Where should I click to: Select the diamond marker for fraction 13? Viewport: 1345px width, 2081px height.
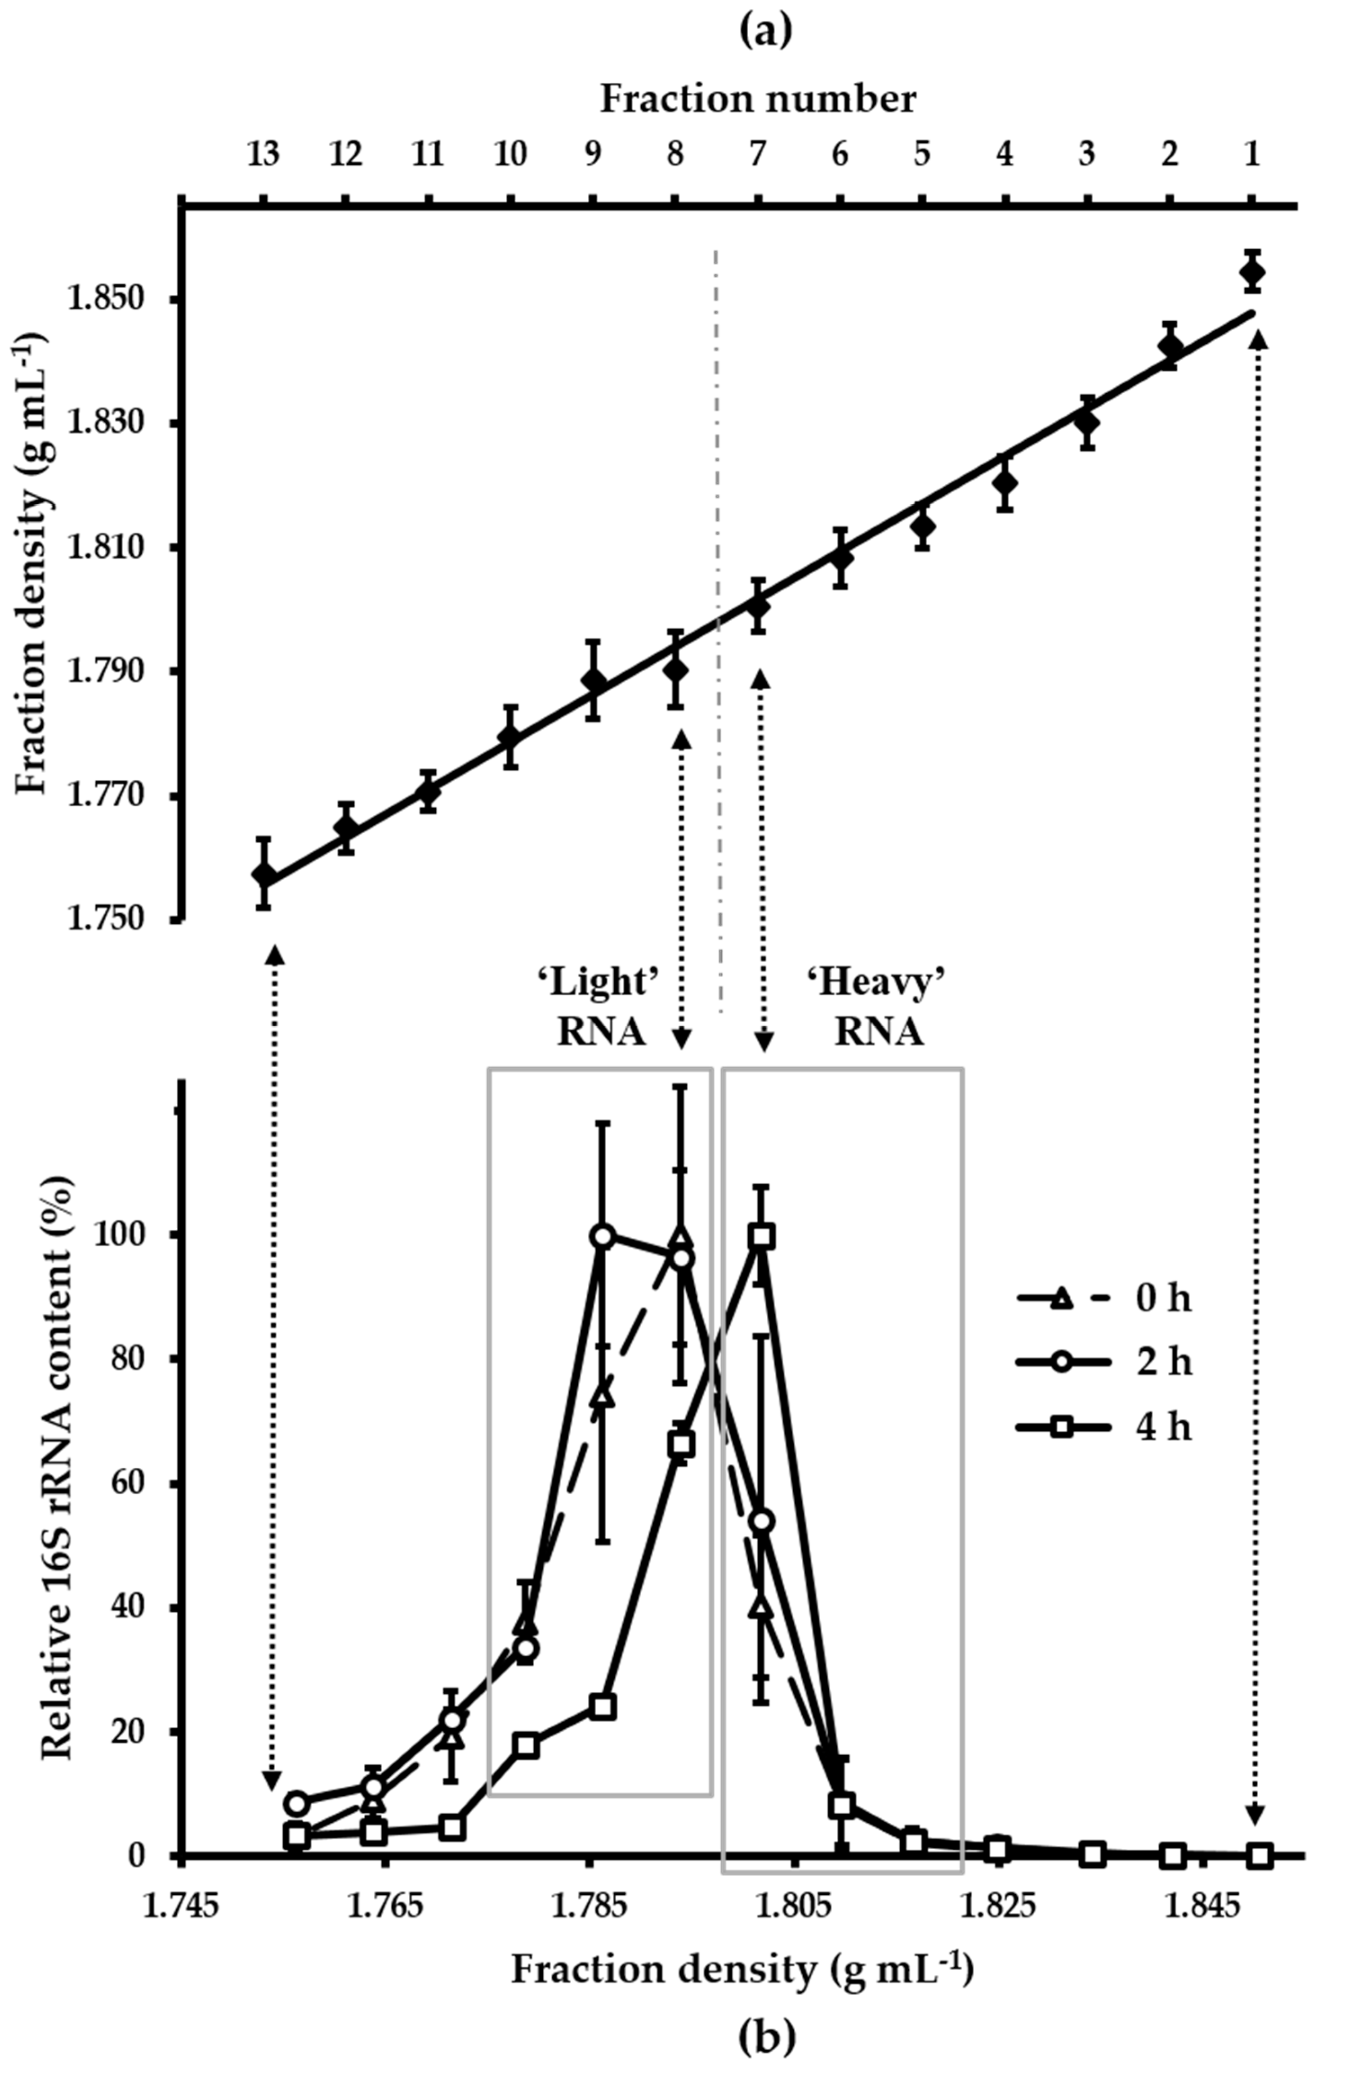pos(264,875)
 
